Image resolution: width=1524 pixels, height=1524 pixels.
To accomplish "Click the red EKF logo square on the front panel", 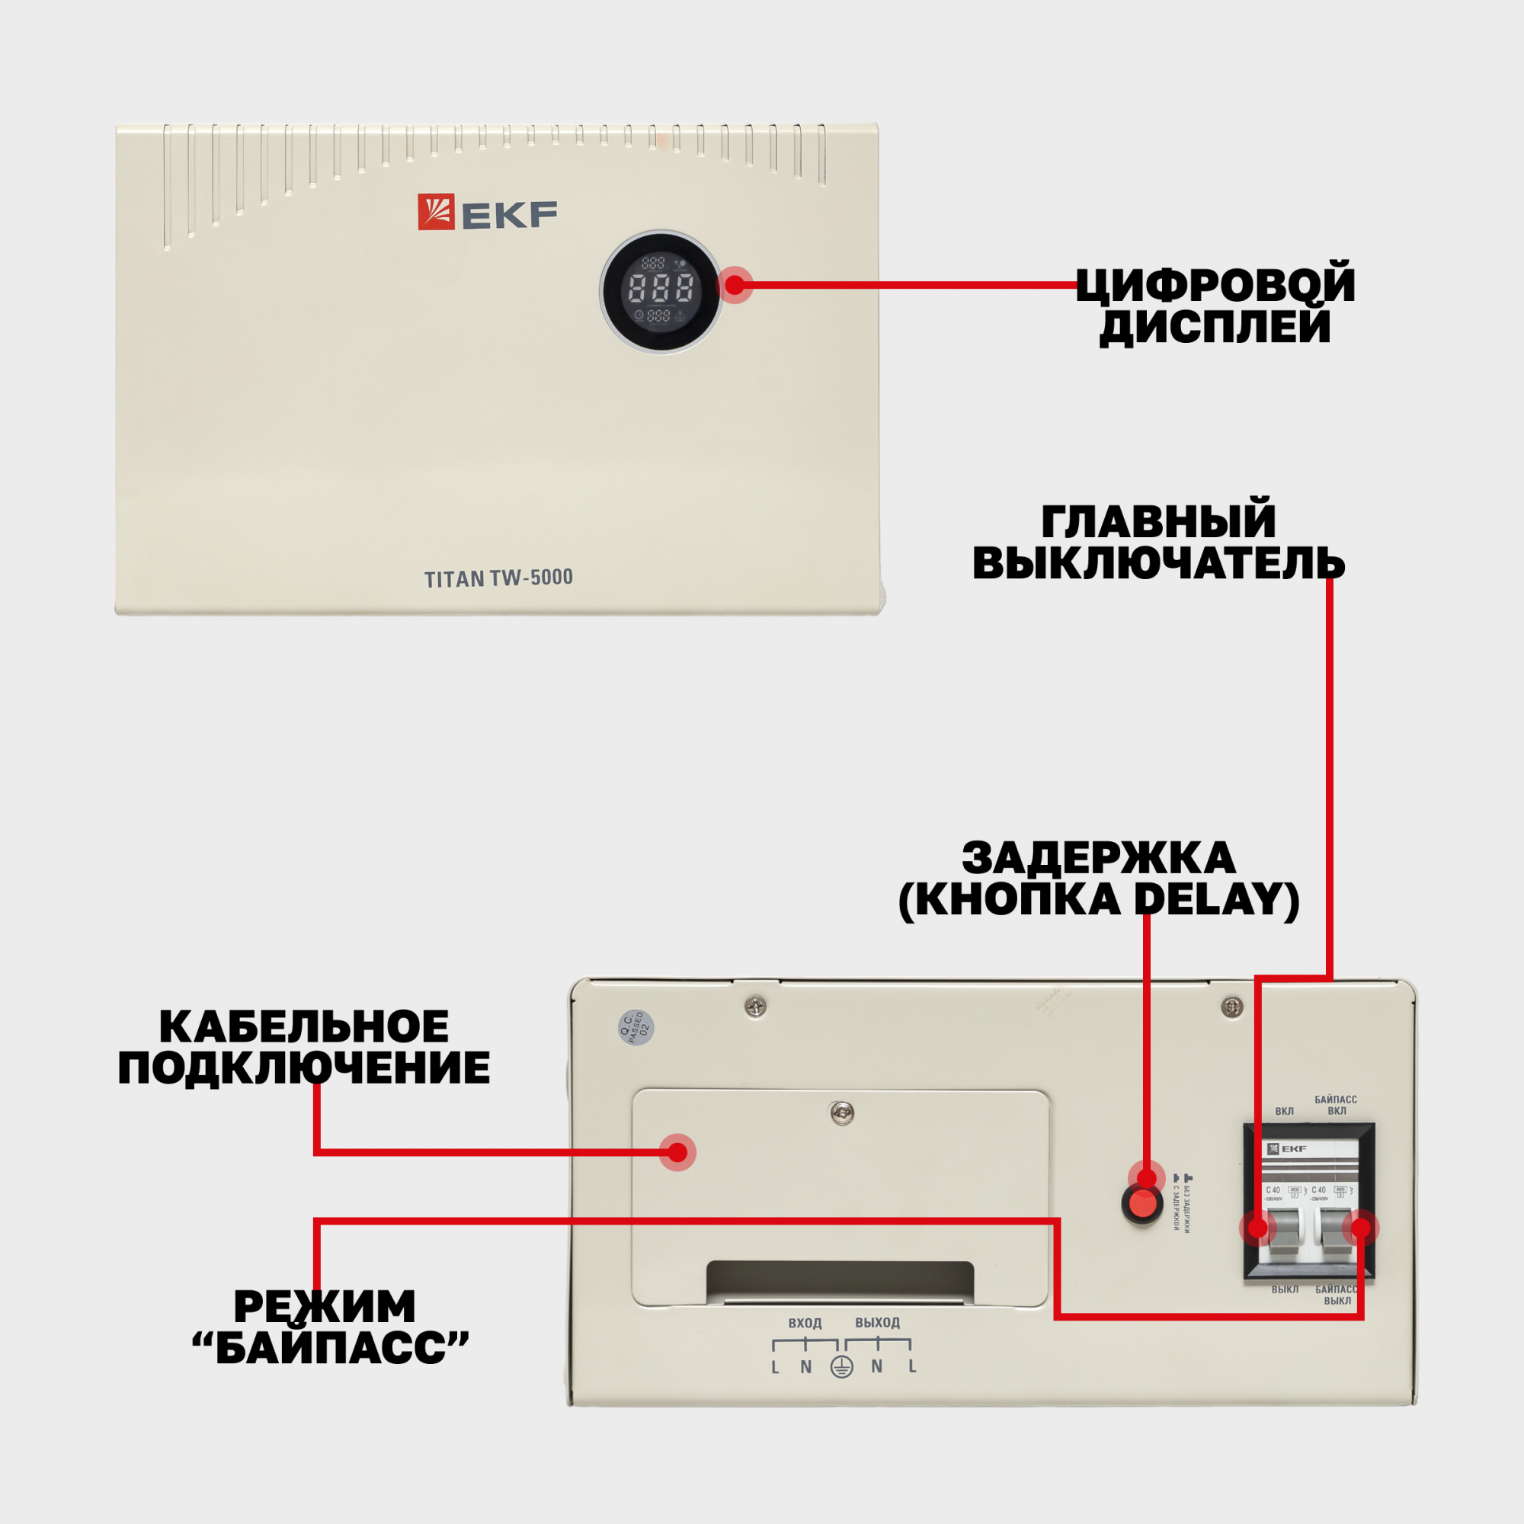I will (x=435, y=211).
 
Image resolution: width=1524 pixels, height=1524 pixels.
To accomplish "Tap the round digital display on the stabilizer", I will (x=661, y=291).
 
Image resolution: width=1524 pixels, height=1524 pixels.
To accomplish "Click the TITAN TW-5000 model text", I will (x=498, y=578).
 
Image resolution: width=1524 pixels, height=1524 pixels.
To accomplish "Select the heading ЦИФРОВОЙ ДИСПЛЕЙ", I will (x=1215, y=306).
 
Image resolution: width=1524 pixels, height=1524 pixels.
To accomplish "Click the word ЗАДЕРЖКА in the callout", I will (x=1099, y=857).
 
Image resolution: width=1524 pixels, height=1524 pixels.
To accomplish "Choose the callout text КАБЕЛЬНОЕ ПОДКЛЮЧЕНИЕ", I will (x=304, y=1047).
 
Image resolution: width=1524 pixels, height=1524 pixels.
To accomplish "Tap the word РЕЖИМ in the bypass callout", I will (x=324, y=1306).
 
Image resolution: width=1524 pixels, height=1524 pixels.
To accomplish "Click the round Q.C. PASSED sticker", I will (x=636, y=1027).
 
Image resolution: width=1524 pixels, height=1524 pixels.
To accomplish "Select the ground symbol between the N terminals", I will (x=842, y=1367).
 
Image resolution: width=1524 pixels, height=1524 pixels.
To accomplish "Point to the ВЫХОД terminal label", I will (x=877, y=1323).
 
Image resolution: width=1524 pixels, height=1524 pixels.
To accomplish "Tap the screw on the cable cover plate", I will (x=842, y=1113).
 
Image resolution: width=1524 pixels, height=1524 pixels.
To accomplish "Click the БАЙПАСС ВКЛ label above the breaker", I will (x=1336, y=1105).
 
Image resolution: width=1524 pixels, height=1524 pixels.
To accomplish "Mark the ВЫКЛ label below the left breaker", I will (x=1285, y=1290).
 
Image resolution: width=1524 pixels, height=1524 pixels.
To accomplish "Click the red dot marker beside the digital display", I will (x=735, y=285).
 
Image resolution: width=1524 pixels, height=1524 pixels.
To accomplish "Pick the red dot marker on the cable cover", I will (x=677, y=1152).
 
